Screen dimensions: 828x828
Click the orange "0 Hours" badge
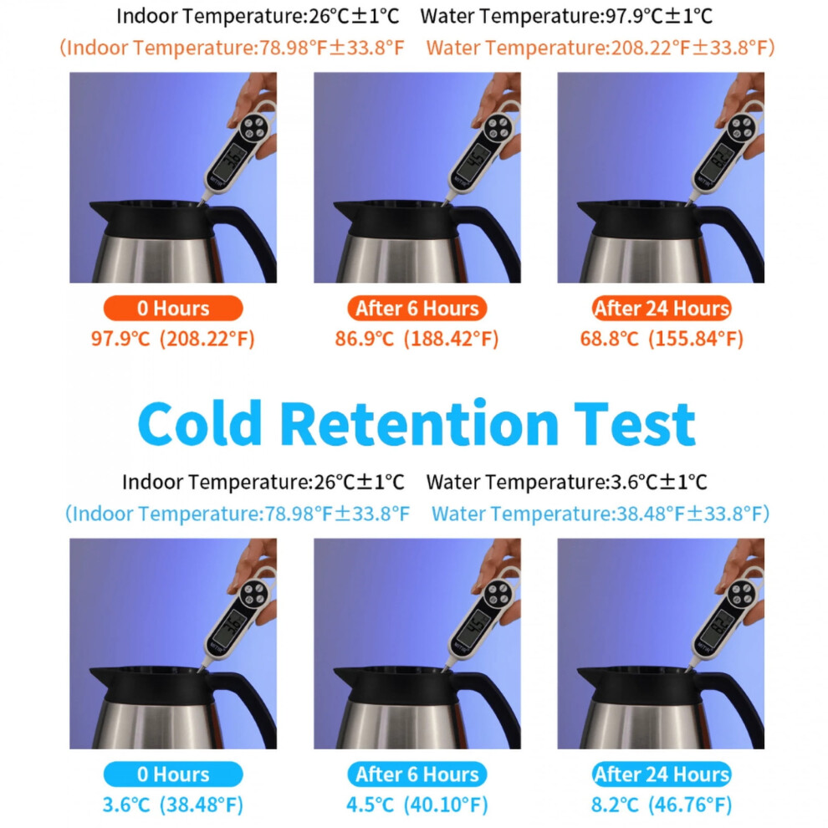point(173,308)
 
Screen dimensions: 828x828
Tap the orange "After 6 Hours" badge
point(417,308)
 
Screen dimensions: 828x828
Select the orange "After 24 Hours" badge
point(661,308)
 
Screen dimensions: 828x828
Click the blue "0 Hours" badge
point(173,774)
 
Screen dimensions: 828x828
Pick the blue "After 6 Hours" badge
point(417,774)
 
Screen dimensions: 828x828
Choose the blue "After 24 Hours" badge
point(661,774)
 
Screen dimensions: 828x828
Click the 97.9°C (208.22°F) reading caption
point(172,339)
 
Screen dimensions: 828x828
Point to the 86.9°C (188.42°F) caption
point(417,339)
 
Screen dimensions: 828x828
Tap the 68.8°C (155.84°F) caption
point(661,339)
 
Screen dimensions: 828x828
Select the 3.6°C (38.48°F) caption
point(172,805)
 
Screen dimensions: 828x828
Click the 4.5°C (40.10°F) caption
point(417,805)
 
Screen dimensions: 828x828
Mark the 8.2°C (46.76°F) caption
point(661,805)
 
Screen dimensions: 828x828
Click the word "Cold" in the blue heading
point(200,423)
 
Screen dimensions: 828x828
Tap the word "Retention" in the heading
point(419,423)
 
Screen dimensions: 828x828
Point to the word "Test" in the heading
point(635,423)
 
